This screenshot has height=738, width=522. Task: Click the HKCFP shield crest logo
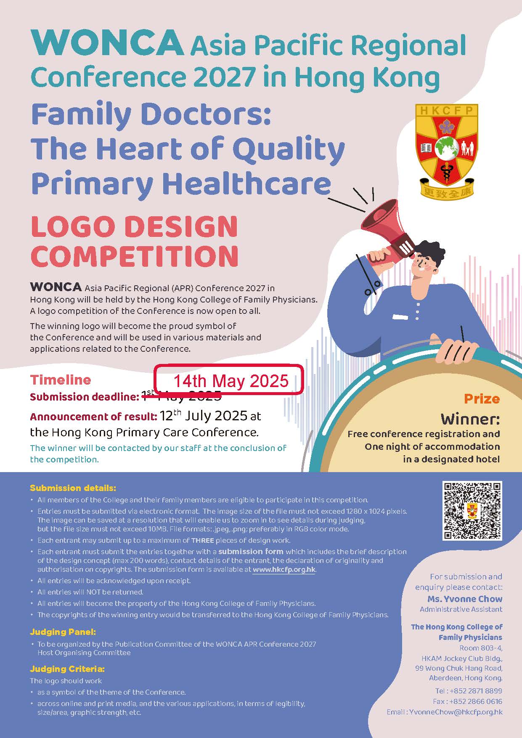(x=447, y=151)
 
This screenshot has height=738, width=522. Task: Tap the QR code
(x=472, y=511)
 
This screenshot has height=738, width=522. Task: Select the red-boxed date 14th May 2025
(x=231, y=381)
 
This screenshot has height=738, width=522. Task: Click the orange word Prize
(x=482, y=398)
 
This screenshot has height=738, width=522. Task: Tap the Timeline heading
(x=61, y=380)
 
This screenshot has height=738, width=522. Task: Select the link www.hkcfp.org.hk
(x=284, y=570)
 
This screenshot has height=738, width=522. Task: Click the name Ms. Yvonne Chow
(x=465, y=599)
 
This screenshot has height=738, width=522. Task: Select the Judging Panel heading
(x=63, y=632)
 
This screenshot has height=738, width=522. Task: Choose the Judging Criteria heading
(x=67, y=669)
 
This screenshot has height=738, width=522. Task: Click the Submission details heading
(x=73, y=488)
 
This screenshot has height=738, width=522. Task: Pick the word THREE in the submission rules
(x=203, y=540)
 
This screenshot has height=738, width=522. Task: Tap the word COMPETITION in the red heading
(x=135, y=256)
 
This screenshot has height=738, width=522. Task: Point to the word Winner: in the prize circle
(x=470, y=419)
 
